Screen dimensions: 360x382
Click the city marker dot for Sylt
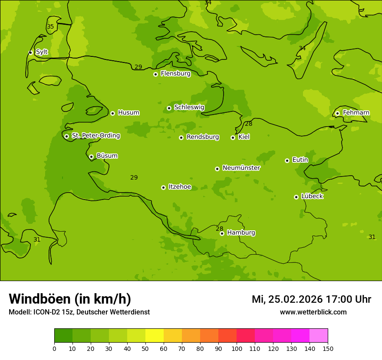coord(30,52)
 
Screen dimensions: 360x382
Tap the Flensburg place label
coord(175,74)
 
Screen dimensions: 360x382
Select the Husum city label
coord(128,113)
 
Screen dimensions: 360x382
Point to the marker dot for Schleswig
coord(169,108)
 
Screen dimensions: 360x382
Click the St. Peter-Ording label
coord(95,136)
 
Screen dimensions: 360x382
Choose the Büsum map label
coord(107,156)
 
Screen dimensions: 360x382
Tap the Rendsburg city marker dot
coord(181,137)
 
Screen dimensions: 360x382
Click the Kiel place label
coord(244,137)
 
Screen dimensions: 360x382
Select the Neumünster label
coord(241,168)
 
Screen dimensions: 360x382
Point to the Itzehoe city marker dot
coord(163,187)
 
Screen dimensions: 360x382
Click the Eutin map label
coord(300,160)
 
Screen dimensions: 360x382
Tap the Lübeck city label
coord(312,196)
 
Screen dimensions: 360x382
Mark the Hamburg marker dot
coord(222,233)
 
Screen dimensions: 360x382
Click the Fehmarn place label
coord(356,113)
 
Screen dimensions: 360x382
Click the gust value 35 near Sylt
coord(50,27)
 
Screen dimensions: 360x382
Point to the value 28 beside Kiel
coord(248,124)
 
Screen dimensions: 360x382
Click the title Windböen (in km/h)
coord(70,299)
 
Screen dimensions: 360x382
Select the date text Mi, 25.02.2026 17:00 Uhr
coord(311,299)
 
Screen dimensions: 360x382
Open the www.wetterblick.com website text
coord(313,312)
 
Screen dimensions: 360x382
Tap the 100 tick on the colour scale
coord(237,348)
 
